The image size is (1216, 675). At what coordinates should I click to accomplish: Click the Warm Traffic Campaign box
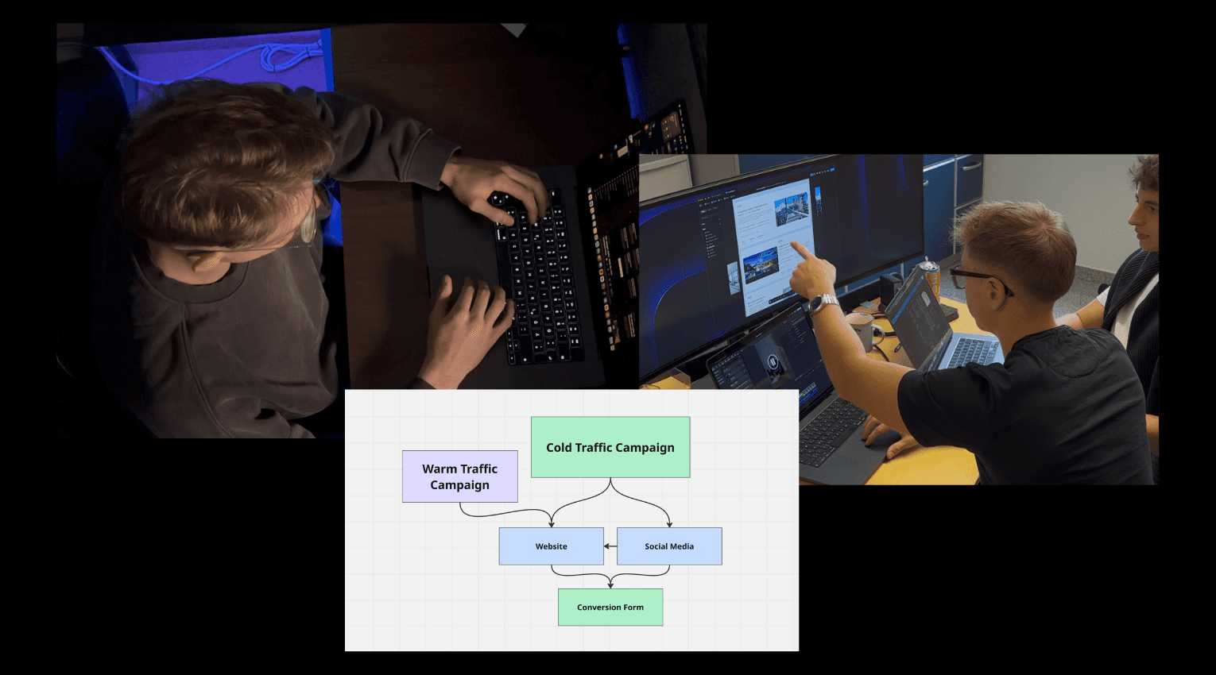click(x=459, y=476)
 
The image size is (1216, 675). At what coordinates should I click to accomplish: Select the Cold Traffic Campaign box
click(x=610, y=447)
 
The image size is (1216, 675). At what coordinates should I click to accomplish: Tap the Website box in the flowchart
click(x=551, y=546)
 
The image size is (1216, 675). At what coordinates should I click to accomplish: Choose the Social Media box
click(x=669, y=546)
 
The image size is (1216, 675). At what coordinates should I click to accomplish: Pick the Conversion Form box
click(x=610, y=607)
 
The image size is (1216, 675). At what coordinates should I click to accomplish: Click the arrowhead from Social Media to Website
click(x=606, y=546)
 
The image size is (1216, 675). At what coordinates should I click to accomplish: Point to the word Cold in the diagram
click(x=559, y=447)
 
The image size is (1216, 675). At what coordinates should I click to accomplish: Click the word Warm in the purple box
click(x=439, y=469)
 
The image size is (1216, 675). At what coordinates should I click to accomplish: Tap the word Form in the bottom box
click(x=633, y=607)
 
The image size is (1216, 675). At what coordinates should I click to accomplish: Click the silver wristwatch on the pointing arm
click(x=823, y=303)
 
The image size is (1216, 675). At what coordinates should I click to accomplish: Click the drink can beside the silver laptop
click(x=931, y=278)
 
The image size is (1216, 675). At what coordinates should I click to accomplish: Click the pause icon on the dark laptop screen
click(x=772, y=362)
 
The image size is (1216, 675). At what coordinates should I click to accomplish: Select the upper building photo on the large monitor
click(x=792, y=202)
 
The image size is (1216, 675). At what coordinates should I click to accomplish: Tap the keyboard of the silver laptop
click(x=974, y=351)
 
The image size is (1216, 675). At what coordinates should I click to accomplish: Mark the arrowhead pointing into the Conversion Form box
click(x=610, y=585)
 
